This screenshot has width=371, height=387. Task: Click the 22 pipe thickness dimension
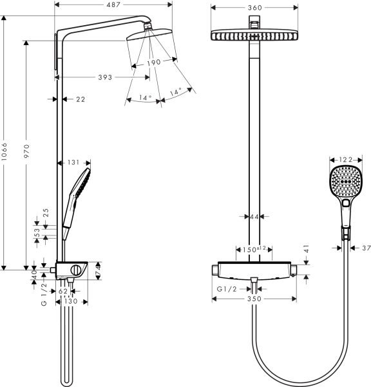(x=81, y=99)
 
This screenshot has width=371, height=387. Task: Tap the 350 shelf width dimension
(x=254, y=299)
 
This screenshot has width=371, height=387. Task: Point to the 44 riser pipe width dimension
(x=254, y=217)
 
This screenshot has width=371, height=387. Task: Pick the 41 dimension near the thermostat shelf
(x=307, y=248)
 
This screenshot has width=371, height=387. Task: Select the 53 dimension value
(x=37, y=232)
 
